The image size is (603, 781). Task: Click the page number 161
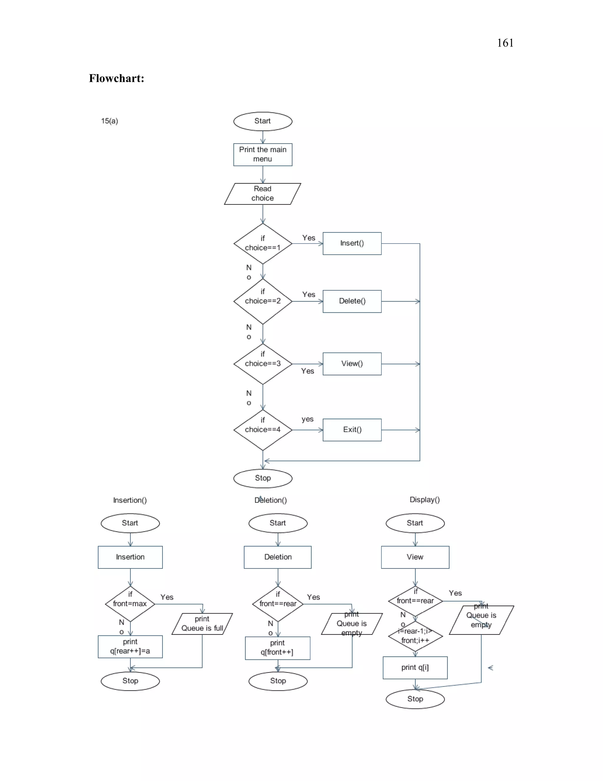point(505,43)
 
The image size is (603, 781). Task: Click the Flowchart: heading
point(117,78)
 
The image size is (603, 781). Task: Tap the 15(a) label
point(109,121)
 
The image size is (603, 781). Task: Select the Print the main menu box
point(263,154)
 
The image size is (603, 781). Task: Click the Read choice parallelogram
point(263,194)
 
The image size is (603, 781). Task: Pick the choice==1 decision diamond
point(263,243)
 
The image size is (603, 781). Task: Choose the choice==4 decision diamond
point(263,429)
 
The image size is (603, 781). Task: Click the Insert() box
point(352,243)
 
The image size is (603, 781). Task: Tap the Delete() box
point(352,301)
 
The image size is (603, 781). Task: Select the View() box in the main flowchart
point(352,364)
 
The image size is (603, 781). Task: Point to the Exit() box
point(352,429)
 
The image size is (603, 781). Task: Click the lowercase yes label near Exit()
point(307,419)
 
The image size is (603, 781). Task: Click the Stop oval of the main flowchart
point(263,478)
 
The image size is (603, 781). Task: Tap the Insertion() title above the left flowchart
point(130,500)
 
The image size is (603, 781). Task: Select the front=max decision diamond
point(130,604)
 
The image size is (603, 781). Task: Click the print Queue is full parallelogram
point(202,624)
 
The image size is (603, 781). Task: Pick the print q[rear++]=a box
point(130,647)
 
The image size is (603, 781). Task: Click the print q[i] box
point(415,667)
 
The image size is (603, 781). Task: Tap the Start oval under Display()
point(415,523)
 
